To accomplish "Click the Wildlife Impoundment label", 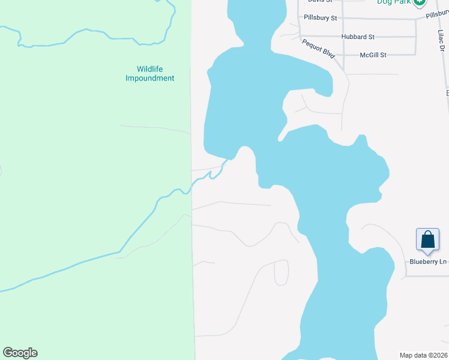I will coord(149,74).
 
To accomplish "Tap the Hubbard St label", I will coord(358,37).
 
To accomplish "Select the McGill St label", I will coord(373,55).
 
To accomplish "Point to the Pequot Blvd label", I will coord(318,48).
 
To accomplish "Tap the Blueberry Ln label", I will coord(428,262).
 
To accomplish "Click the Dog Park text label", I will coord(393,2).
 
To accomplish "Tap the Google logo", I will coord(20,353).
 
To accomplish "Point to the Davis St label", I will coord(320,1).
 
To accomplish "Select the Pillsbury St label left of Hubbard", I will coord(321,18).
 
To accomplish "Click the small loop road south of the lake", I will coord(281,273).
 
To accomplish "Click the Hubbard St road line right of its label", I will coord(396,37).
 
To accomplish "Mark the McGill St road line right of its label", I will coord(402,55).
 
